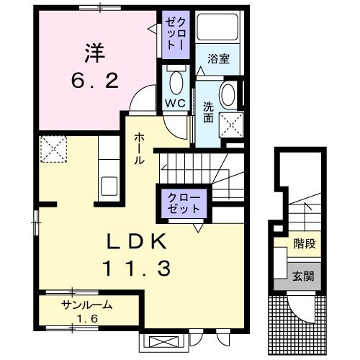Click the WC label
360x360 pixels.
point(176,103)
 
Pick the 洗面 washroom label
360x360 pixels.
point(208,112)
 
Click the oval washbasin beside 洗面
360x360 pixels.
point(229,95)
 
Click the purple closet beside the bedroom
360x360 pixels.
point(176,32)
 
